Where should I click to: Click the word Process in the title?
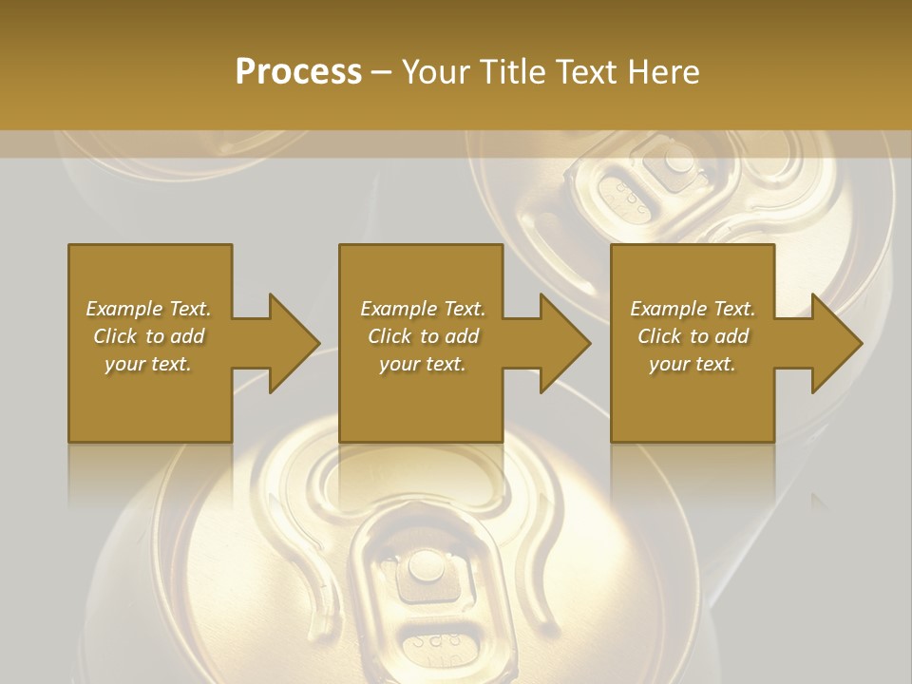tap(298, 72)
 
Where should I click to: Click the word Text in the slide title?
tap(586, 72)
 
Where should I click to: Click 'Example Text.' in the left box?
tap(149, 309)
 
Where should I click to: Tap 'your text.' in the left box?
tap(149, 364)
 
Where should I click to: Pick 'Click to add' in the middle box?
tap(423, 336)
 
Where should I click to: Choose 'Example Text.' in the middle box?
tap(423, 309)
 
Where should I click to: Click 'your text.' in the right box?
tap(693, 364)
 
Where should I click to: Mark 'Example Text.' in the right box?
tap(693, 309)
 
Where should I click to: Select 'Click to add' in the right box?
tap(693, 336)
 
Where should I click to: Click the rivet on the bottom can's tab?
tap(423, 568)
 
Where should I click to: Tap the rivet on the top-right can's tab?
tap(678, 159)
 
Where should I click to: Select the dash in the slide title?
tap(382, 72)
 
